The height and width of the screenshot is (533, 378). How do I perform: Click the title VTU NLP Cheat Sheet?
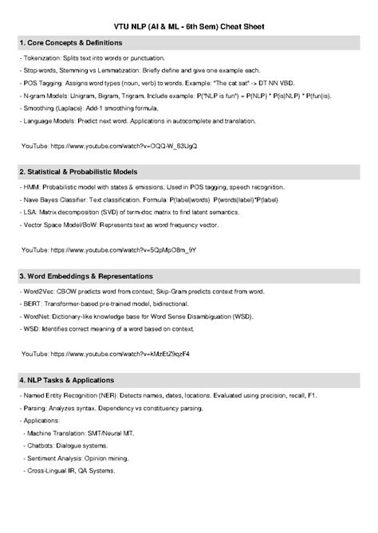click(189, 26)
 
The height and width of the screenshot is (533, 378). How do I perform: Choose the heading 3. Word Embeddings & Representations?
click(85, 276)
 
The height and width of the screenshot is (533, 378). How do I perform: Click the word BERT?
click(31, 305)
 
